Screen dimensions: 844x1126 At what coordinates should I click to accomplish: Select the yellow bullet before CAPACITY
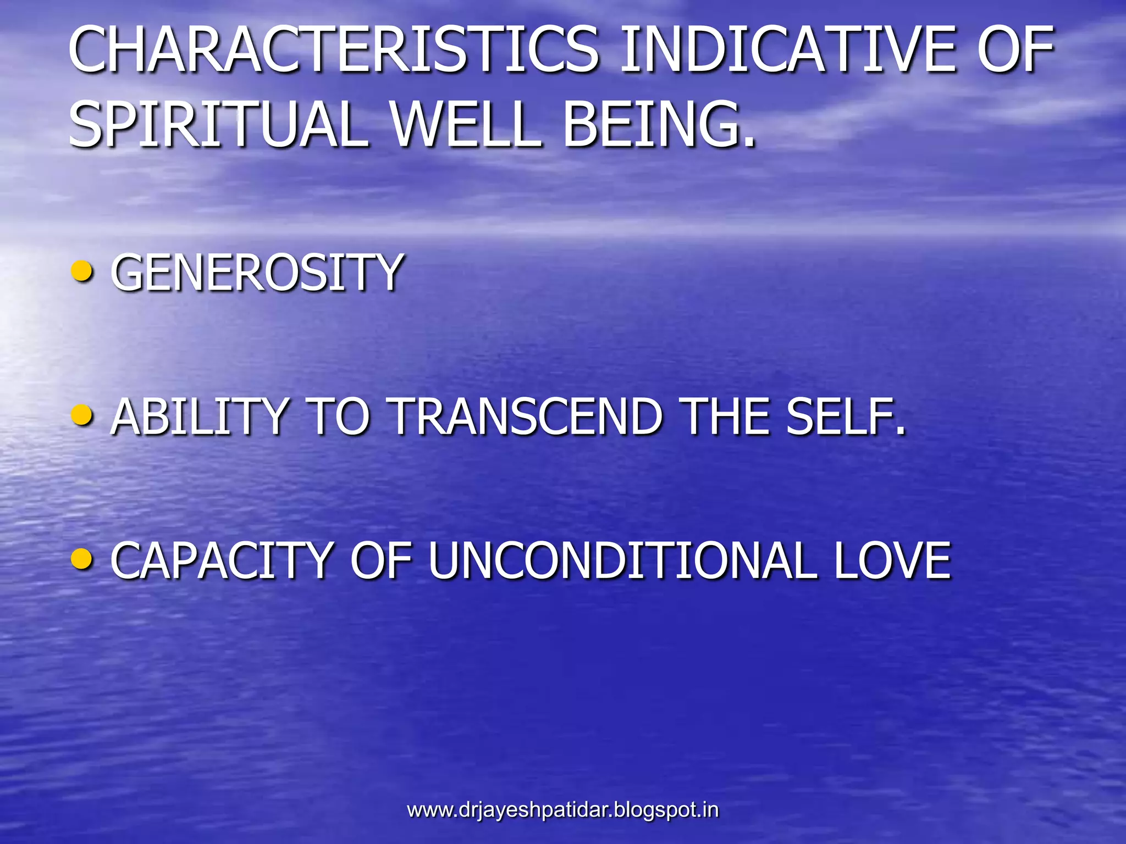point(82,559)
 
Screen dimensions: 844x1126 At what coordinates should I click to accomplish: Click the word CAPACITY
point(222,560)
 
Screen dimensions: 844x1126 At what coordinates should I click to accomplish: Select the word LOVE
point(892,560)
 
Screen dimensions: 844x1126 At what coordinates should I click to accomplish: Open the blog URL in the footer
point(562,810)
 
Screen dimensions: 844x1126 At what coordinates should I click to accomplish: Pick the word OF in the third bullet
point(382,560)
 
